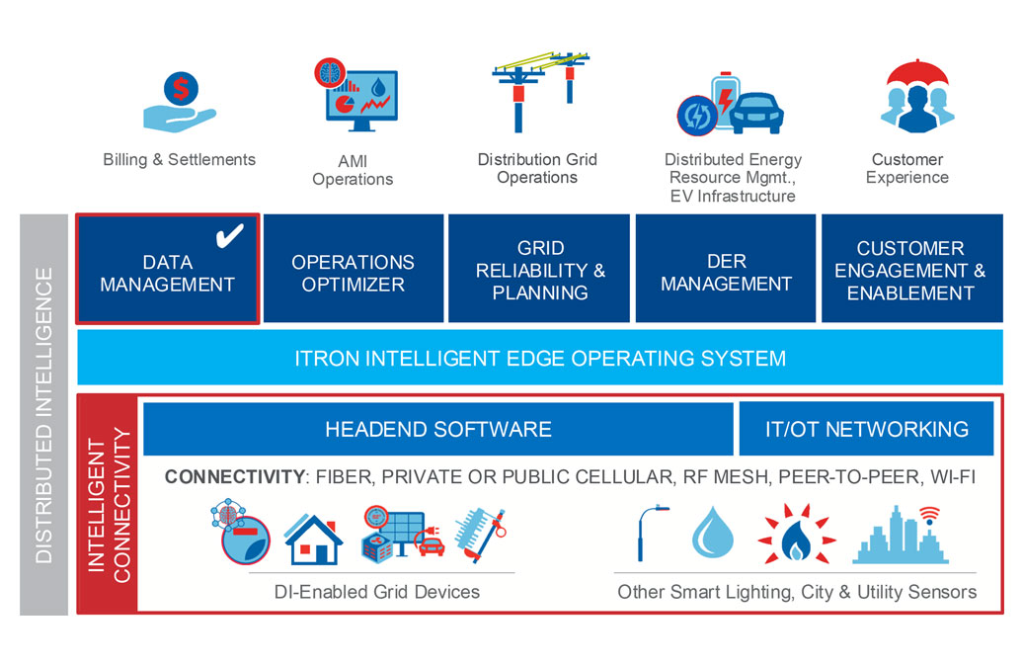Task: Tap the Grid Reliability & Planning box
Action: tap(539, 269)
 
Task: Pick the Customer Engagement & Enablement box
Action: tap(910, 269)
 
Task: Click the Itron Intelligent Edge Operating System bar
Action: tap(539, 358)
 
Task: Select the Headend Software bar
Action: tap(437, 429)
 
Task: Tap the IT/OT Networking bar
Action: tap(866, 429)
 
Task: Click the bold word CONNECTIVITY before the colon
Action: tap(234, 477)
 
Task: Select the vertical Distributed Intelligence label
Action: tap(43, 415)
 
